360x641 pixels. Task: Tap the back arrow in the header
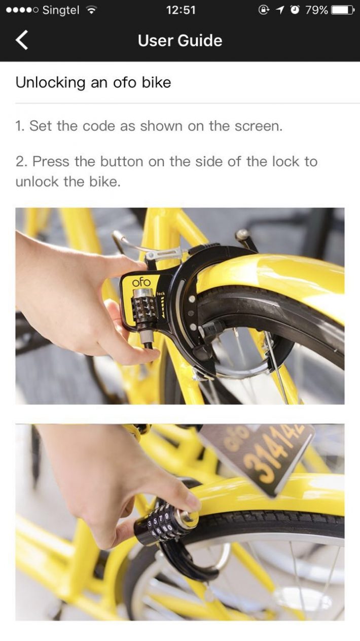(x=22, y=40)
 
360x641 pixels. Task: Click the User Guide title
(x=180, y=41)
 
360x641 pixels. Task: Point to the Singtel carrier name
(x=61, y=10)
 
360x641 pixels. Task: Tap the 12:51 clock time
(x=181, y=10)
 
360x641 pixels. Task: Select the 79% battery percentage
(x=316, y=10)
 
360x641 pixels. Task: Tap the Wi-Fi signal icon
(x=91, y=10)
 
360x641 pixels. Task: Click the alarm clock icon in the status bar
(x=295, y=10)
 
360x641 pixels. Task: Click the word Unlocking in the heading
(x=50, y=83)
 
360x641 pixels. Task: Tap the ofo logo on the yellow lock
(x=141, y=282)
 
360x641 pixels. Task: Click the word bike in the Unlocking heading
(x=157, y=83)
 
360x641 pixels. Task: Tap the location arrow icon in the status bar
(x=280, y=10)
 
